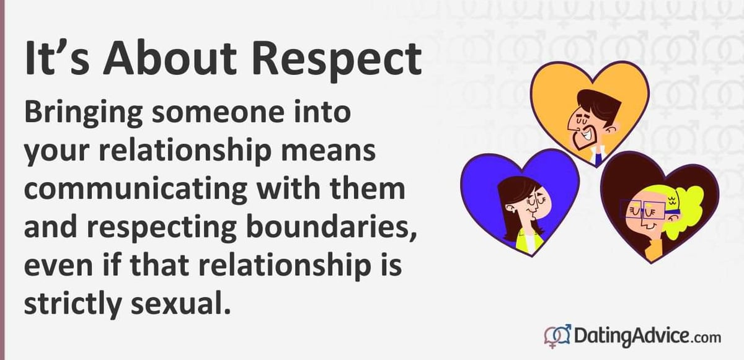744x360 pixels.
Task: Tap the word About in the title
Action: [170, 59]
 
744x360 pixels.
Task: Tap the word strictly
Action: [72, 304]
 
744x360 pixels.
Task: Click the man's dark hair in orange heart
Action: [600, 105]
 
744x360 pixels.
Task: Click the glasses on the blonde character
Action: [643, 209]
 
